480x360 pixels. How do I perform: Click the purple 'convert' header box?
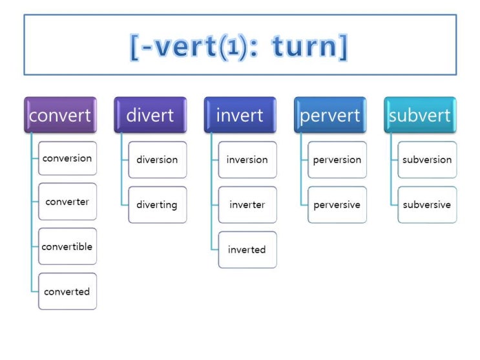coord(60,115)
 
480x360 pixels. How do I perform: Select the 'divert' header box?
coord(150,115)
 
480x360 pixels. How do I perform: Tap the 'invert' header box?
coord(240,115)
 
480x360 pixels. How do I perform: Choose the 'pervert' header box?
coord(329,115)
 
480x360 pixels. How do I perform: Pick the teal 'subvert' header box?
coord(420,115)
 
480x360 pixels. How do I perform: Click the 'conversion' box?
coord(67,158)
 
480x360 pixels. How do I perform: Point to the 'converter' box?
coord(67,202)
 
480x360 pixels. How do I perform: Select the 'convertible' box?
coord(67,246)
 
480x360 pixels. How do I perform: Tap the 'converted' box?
coord(67,291)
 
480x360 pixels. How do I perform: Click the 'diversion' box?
coord(157,160)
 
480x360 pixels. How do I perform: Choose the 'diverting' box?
coord(157,205)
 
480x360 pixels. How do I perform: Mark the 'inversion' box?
coord(247,160)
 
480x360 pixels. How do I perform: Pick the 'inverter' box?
coord(247,205)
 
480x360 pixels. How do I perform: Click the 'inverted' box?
coord(247,249)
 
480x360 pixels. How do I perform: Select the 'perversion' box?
coord(337,160)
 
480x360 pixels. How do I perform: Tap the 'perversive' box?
coord(337,205)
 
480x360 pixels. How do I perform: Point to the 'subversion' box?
coord(427,160)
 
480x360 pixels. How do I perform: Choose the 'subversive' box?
coord(427,205)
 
